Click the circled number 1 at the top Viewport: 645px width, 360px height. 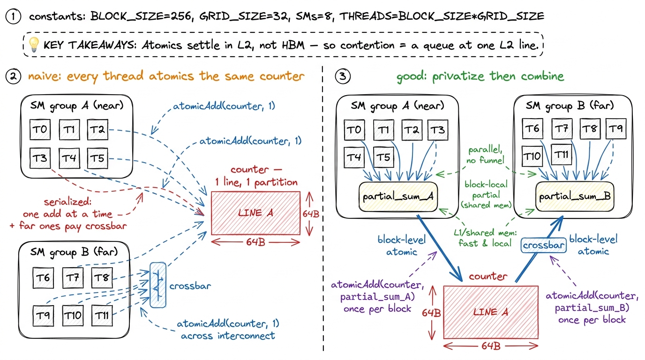click(13, 16)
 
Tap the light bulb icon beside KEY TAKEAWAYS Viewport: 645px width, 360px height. click(34, 45)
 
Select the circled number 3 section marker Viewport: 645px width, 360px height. click(343, 76)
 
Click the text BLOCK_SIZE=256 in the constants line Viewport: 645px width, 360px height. click(141, 16)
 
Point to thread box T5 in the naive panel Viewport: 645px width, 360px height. click(97, 158)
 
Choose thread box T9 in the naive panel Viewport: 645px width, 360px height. click(43, 315)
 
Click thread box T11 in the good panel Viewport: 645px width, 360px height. click(561, 155)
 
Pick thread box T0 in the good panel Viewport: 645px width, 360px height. click(354, 130)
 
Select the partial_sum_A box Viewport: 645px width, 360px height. click(398, 197)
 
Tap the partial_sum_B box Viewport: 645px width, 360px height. click(575, 196)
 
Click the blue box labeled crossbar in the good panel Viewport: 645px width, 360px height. click(543, 245)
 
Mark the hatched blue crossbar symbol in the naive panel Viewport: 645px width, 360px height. click(158, 285)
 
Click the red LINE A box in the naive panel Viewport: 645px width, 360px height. click(255, 213)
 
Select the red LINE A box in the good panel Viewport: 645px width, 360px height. click(491, 312)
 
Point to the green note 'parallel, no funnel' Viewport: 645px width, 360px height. click(486, 155)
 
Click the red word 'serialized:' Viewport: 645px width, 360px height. click(67, 202)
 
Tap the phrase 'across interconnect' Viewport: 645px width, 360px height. click(228, 336)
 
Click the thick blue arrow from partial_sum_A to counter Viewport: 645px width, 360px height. click(439, 248)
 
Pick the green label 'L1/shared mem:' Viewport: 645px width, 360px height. click(485, 232)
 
